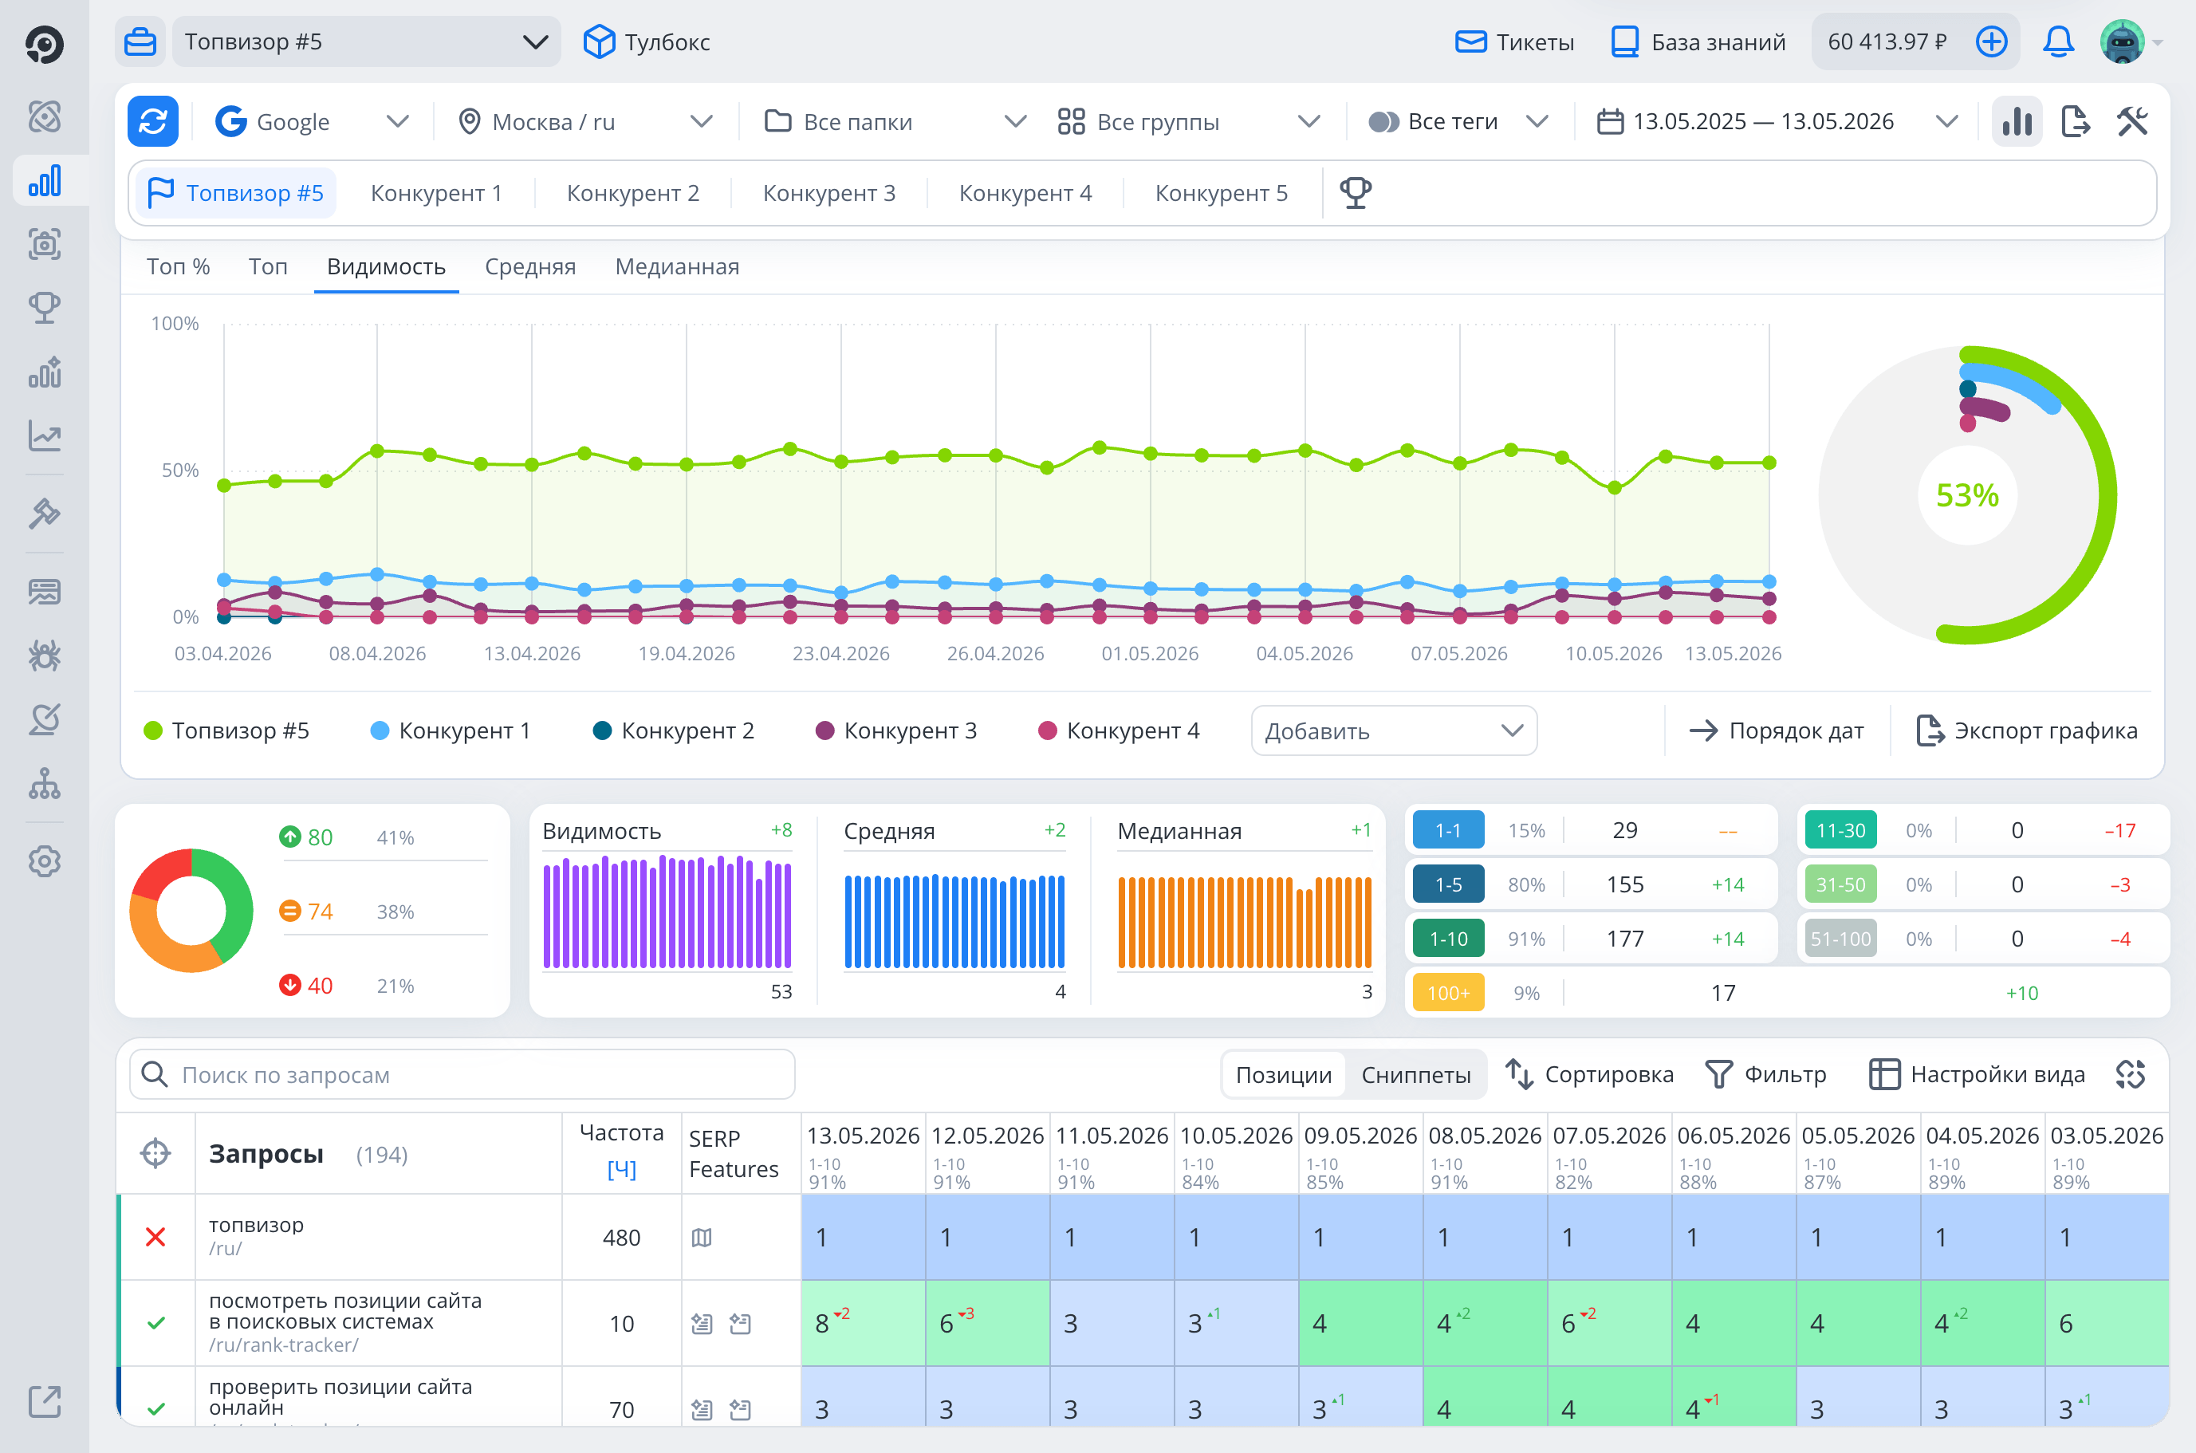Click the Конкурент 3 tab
pyautogui.click(x=828, y=193)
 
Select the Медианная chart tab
pyautogui.click(x=676, y=267)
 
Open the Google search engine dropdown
pyautogui.click(x=311, y=121)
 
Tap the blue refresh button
pyautogui.click(x=153, y=121)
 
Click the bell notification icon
pyautogui.click(x=2058, y=41)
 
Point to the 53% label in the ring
pyautogui.click(x=1967, y=496)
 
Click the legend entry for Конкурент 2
pyautogui.click(x=674, y=730)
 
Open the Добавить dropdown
pyautogui.click(x=1394, y=730)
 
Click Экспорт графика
pyautogui.click(x=2025, y=730)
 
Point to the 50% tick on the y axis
pyautogui.click(x=181, y=470)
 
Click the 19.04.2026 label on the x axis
pyautogui.click(x=687, y=653)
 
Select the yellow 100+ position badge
pyautogui.click(x=1448, y=992)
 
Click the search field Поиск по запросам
pyautogui.click(x=462, y=1075)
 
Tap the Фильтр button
pyautogui.click(x=1766, y=1075)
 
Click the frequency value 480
pyautogui.click(x=622, y=1238)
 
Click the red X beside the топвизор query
pyautogui.click(x=155, y=1238)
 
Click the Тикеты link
pyautogui.click(x=1514, y=41)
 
